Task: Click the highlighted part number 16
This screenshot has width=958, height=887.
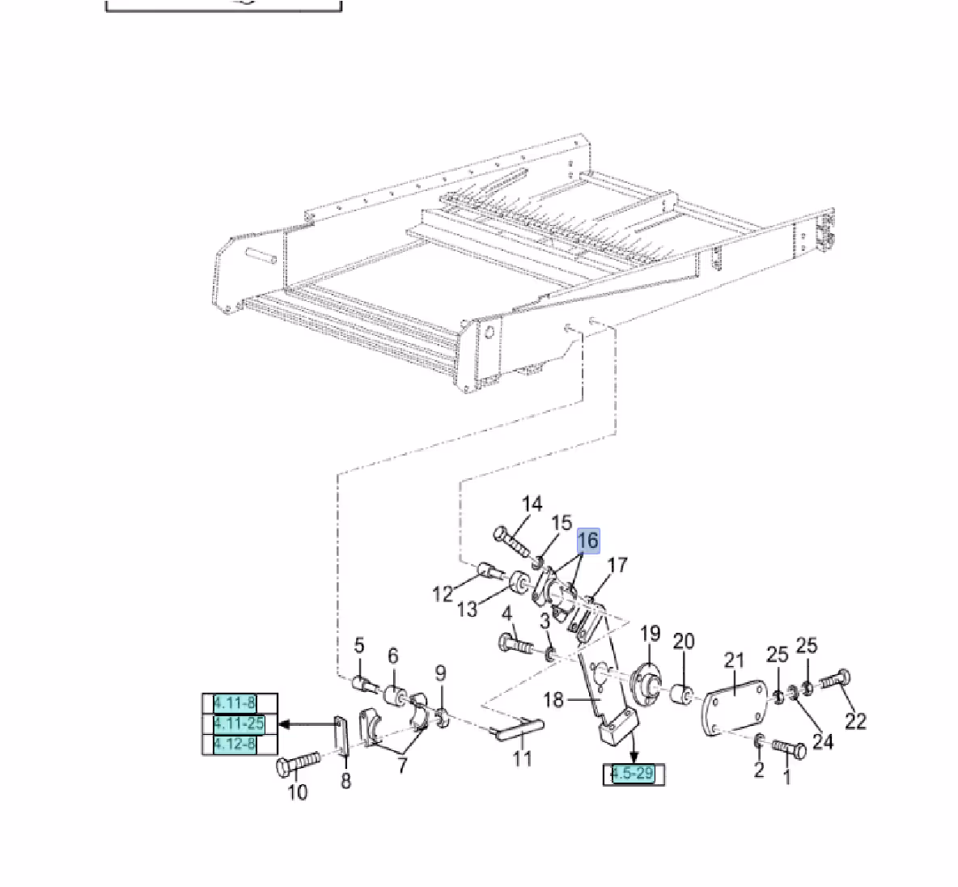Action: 588,541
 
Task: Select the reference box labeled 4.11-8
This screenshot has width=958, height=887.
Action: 235,703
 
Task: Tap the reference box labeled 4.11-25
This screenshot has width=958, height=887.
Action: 239,724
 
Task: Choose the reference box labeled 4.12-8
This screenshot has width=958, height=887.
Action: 235,744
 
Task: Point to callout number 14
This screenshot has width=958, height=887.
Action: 532,505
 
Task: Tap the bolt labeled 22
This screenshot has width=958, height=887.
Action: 833,681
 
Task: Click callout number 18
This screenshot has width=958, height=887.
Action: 553,699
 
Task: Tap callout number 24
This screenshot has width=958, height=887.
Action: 823,741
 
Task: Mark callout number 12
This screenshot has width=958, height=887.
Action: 443,594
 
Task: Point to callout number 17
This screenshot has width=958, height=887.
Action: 617,565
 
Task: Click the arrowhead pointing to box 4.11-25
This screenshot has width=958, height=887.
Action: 285,724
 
